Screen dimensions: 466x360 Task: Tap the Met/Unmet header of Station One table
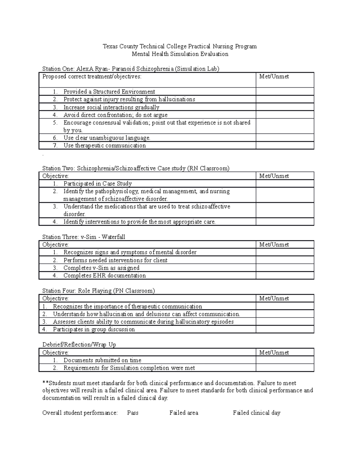[x=274, y=77]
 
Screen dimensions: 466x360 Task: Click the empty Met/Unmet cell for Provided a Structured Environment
[x=285, y=92]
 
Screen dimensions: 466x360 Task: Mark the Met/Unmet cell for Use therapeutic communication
[x=285, y=146]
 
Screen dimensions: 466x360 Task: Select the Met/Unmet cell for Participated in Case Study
[x=285, y=184]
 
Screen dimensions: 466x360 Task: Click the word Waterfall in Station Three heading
[x=113, y=237]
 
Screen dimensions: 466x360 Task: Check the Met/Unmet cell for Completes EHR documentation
[x=285, y=275]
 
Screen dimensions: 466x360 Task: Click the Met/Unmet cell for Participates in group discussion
[x=285, y=329]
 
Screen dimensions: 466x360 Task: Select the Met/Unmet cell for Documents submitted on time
[x=285, y=360]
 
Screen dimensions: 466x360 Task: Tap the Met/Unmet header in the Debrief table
[x=274, y=353]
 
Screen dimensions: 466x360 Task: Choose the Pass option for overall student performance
[x=133, y=413]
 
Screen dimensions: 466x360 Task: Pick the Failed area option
[x=184, y=413]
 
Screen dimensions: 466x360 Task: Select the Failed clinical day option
[x=256, y=413]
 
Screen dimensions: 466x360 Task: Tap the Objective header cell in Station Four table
[x=55, y=299]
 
